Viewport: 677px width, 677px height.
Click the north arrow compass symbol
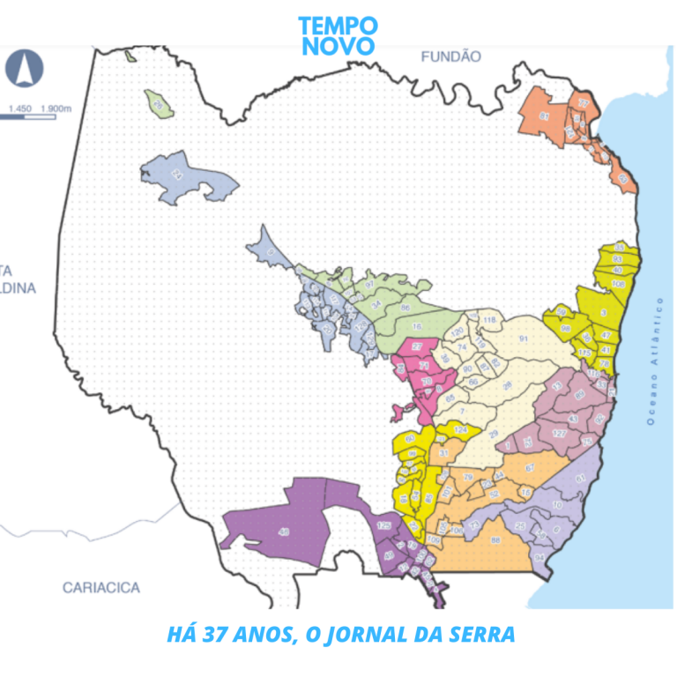25,67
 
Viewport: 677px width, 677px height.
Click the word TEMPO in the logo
338,26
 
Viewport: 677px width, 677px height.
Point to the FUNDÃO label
450,56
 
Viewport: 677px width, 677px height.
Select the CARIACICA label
100,587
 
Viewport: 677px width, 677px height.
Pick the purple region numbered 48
283,532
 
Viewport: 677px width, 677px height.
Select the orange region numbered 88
495,539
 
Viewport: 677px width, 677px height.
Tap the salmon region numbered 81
543,115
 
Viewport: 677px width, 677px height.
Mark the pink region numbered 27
417,346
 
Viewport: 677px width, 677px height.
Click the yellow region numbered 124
459,430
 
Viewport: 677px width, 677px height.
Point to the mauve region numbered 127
557,434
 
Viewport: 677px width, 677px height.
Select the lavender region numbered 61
580,478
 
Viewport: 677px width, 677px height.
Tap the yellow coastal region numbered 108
618,284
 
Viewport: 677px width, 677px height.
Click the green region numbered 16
416,326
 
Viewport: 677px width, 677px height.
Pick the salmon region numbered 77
583,103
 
